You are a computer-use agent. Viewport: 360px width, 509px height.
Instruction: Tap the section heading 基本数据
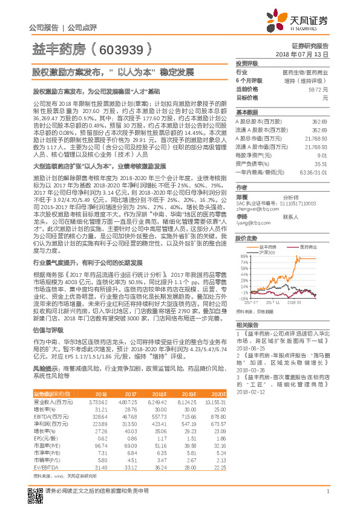[247, 112]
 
